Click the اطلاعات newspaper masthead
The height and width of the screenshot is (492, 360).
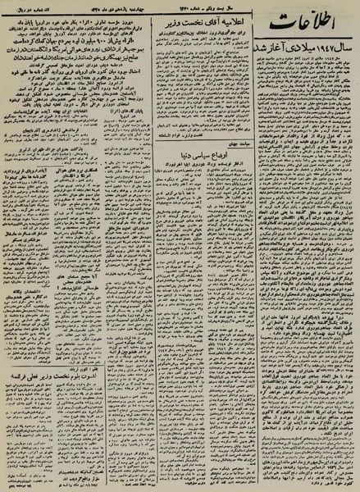303,34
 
